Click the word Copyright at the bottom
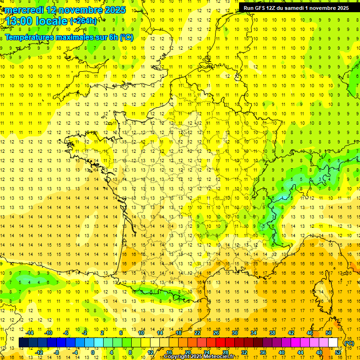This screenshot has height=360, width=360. (x=177, y=357)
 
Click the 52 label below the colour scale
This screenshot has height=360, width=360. (x=338, y=352)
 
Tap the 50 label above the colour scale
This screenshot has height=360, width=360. (x=329, y=333)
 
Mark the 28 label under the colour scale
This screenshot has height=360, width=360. (x=225, y=352)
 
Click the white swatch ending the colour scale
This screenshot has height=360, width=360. (x=333, y=343)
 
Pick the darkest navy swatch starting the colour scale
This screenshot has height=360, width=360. (x=24, y=343)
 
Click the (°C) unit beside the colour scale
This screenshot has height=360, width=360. (x=349, y=343)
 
